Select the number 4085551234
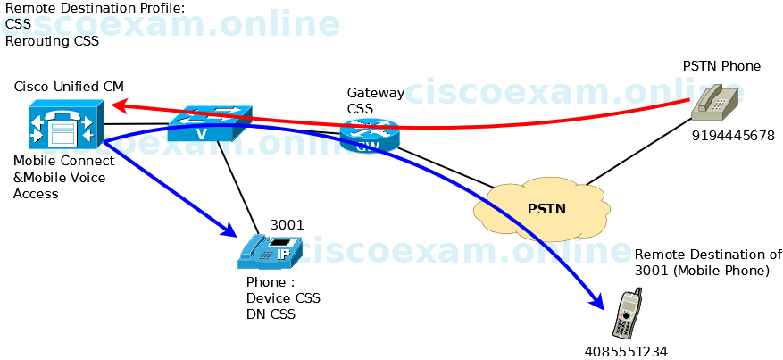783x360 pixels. tap(626, 351)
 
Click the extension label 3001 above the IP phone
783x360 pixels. tap(287, 224)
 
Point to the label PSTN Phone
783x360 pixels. tap(721, 66)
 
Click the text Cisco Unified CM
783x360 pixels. tap(69, 86)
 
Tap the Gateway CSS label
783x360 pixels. tap(375, 100)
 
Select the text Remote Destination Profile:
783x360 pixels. tap(95, 9)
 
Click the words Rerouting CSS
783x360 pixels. tap(52, 40)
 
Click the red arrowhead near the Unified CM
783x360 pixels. tap(117, 105)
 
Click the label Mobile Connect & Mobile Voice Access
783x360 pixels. tap(64, 177)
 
